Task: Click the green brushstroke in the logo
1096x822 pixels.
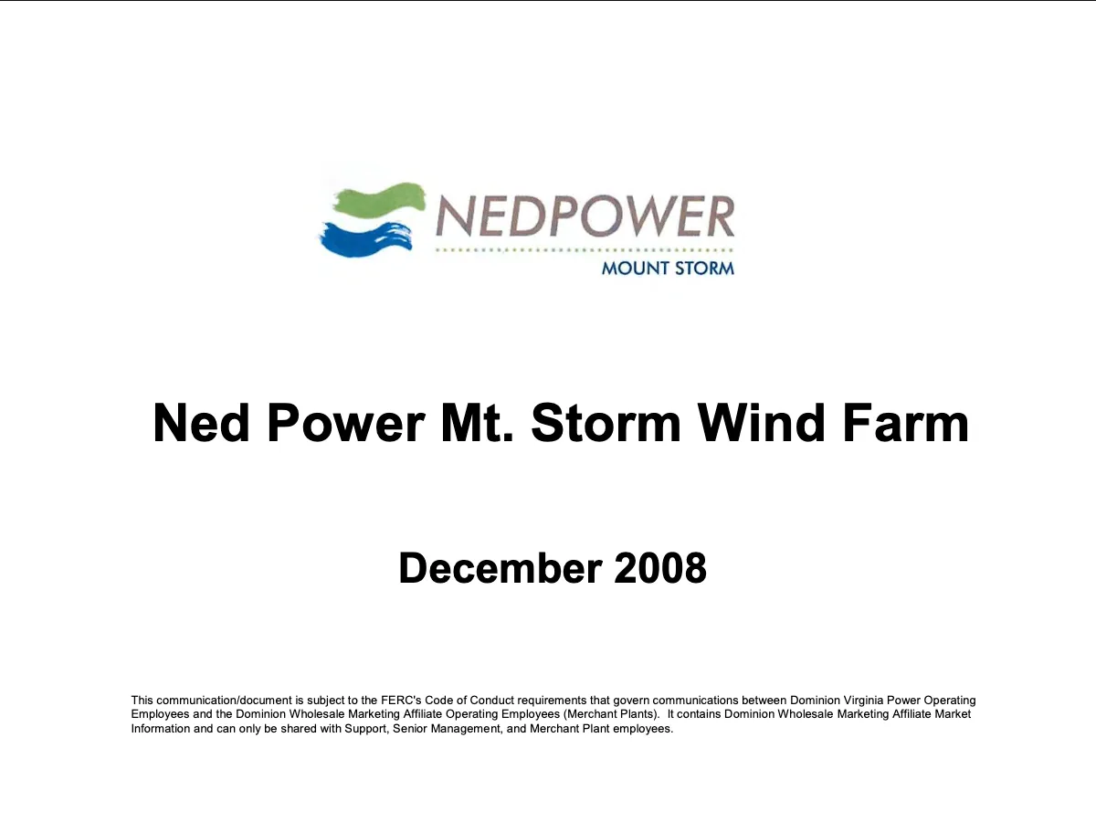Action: pyautogui.click(x=379, y=201)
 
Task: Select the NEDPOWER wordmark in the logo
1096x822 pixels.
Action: pyautogui.click(x=585, y=216)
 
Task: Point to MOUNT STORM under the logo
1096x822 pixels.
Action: pyautogui.click(x=668, y=269)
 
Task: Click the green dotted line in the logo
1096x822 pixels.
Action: pyautogui.click(x=585, y=250)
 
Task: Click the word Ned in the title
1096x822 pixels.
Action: pyautogui.click(x=201, y=423)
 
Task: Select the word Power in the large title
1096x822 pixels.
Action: pyautogui.click(x=346, y=423)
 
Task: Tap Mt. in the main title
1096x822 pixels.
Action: pyautogui.click(x=477, y=423)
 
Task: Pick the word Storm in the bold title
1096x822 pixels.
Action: pyautogui.click(x=606, y=423)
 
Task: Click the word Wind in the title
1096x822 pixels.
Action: pyautogui.click(x=761, y=423)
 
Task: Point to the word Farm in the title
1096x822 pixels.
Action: pyautogui.click(x=905, y=423)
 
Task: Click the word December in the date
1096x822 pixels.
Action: pyautogui.click(x=501, y=568)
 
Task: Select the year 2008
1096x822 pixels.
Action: pyautogui.click(x=660, y=568)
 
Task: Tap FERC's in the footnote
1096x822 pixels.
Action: pyautogui.click(x=401, y=701)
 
